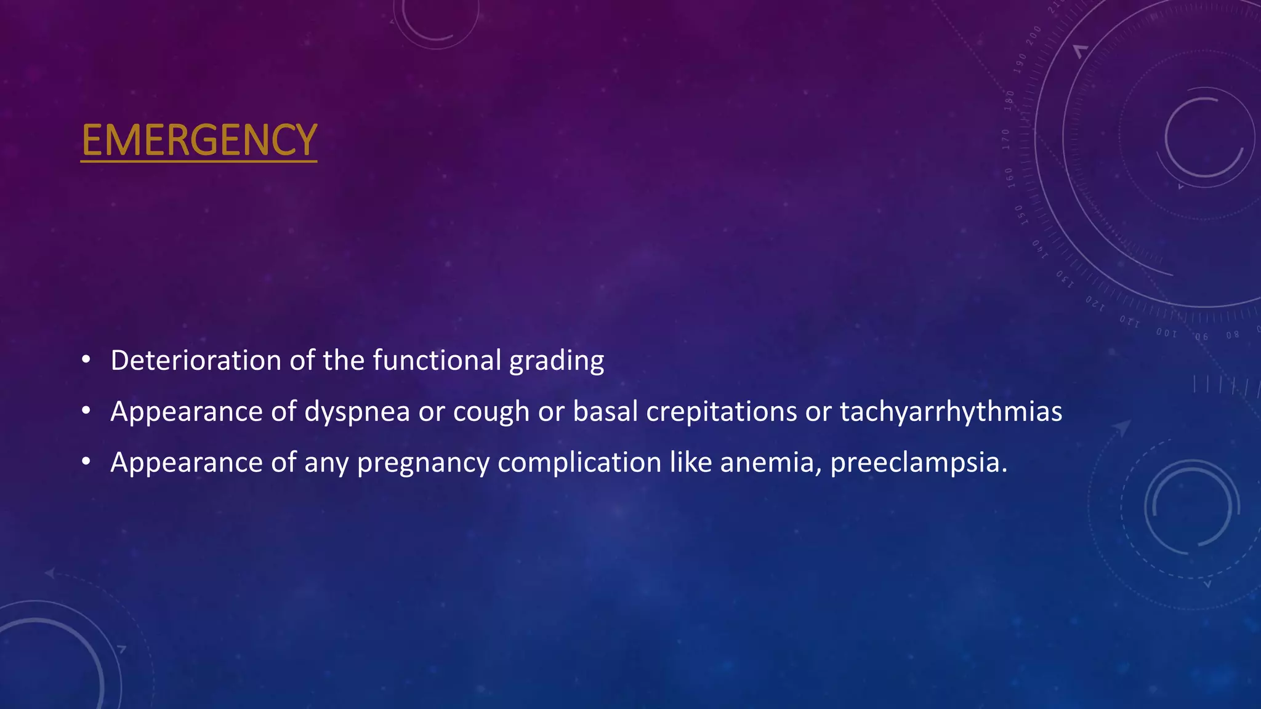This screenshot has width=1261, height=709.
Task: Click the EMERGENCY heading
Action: click(199, 140)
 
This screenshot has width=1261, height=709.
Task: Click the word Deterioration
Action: click(196, 360)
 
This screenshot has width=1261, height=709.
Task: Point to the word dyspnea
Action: click(357, 412)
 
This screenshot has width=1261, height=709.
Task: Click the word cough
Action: click(491, 412)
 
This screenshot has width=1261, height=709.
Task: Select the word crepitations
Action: click(722, 412)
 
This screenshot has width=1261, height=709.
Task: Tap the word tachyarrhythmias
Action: click(951, 412)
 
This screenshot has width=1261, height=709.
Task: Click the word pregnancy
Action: click(423, 463)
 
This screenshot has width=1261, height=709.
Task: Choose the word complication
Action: click(579, 463)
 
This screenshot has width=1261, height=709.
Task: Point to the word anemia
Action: click(770, 463)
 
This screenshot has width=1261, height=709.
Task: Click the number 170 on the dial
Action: click(1006, 139)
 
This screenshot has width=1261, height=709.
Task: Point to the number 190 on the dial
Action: click(1021, 63)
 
